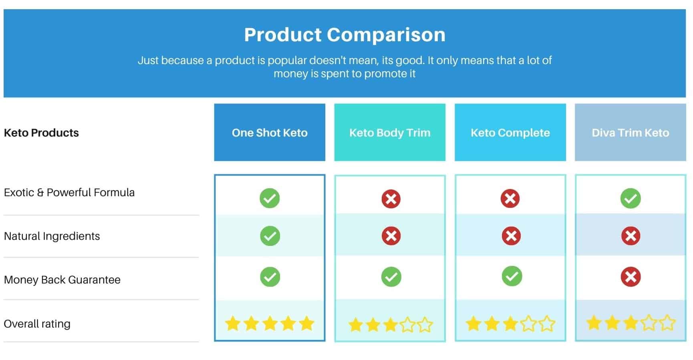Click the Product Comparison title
click(x=344, y=35)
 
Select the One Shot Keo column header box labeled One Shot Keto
click(x=270, y=132)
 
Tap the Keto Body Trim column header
click(x=390, y=132)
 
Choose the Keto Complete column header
click(x=510, y=132)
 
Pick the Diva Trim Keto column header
click(x=630, y=132)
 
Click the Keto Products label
click(x=41, y=133)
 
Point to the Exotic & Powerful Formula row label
click(x=69, y=193)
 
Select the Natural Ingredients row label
click(x=52, y=236)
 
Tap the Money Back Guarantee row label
click(x=62, y=280)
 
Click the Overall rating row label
click(x=37, y=324)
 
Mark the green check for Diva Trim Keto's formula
click(x=631, y=198)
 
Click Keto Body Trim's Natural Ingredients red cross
click(x=391, y=236)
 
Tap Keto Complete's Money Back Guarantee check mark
click(x=512, y=276)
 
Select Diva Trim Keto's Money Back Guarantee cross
click(x=631, y=277)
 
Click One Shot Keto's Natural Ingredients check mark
click(x=270, y=236)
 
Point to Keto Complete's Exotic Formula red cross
click(x=510, y=198)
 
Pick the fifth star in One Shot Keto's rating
click(x=306, y=324)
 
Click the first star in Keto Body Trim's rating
click(x=355, y=325)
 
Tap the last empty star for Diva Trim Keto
click(x=667, y=323)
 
